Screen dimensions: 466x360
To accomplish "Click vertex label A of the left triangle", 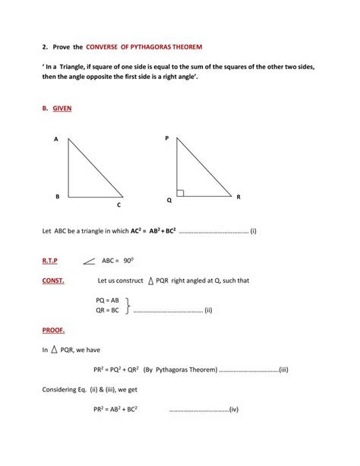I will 56,140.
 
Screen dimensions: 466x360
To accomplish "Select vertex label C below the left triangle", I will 118,205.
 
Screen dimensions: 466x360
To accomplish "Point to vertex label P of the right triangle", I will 167,138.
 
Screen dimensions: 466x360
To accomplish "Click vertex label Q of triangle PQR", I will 169,201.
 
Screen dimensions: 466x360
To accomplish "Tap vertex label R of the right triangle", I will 238,197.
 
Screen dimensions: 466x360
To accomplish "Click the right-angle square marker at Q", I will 180,193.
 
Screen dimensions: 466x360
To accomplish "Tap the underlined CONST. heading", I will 53,281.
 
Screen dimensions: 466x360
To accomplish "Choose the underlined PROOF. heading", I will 53,331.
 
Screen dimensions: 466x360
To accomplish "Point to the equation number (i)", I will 253,230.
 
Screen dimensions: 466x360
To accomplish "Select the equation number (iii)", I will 283,370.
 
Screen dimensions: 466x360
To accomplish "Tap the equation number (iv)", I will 233,410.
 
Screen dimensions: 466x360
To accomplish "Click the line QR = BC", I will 106,310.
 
